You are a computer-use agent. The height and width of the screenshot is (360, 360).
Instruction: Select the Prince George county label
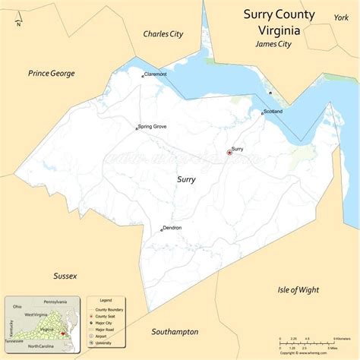coord(52,73)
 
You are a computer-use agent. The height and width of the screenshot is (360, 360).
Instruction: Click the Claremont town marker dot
coord(142,76)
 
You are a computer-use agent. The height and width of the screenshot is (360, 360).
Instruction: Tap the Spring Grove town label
coord(152,126)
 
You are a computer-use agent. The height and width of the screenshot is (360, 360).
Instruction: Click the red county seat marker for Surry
coord(229,153)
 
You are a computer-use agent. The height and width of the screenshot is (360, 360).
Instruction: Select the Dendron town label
coord(172,227)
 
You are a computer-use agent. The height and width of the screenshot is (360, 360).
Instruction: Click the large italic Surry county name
coord(185,180)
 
